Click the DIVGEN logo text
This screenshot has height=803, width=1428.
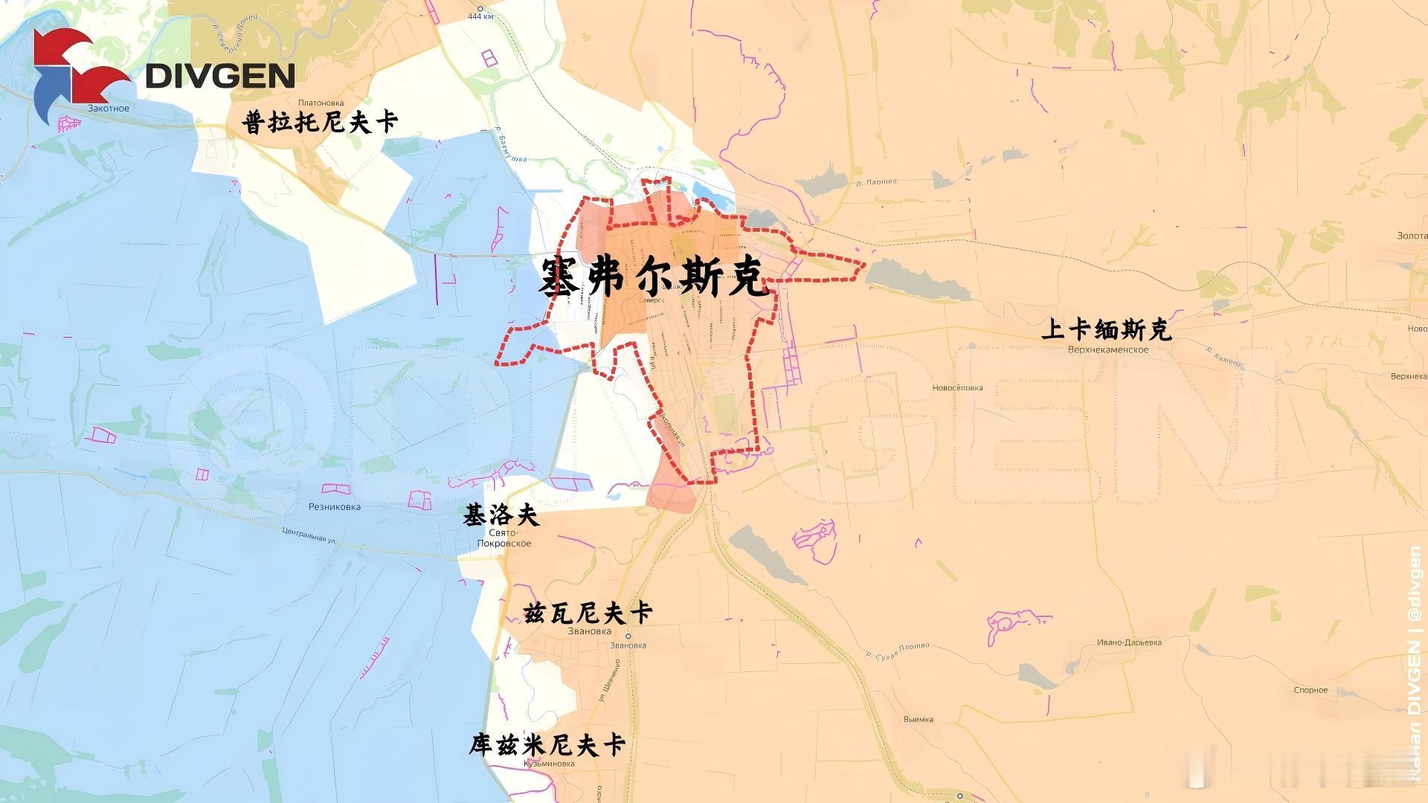[220, 75]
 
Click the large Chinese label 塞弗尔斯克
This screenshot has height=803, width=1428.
[653, 278]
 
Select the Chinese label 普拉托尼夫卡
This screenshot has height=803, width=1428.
[321, 122]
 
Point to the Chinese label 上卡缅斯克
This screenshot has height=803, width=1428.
[1107, 329]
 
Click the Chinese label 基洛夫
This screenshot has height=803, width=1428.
[501, 515]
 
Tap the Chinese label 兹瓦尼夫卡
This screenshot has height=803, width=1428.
[588, 613]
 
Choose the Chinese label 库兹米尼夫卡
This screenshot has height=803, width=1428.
[547, 745]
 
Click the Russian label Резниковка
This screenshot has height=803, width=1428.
[335, 507]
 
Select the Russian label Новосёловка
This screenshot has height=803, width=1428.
[957, 387]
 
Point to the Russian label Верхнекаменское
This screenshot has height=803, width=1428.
[1107, 349]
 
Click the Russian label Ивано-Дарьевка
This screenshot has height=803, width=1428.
[1129, 642]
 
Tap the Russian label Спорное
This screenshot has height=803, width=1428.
[1310, 690]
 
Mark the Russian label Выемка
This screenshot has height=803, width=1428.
[918, 719]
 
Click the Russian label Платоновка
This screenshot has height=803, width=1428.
[320, 103]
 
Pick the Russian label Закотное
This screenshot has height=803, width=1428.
[109, 109]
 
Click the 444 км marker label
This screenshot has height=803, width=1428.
[480, 17]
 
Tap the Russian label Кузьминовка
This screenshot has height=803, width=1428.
[549, 764]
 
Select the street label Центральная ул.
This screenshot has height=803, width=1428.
[309, 535]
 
